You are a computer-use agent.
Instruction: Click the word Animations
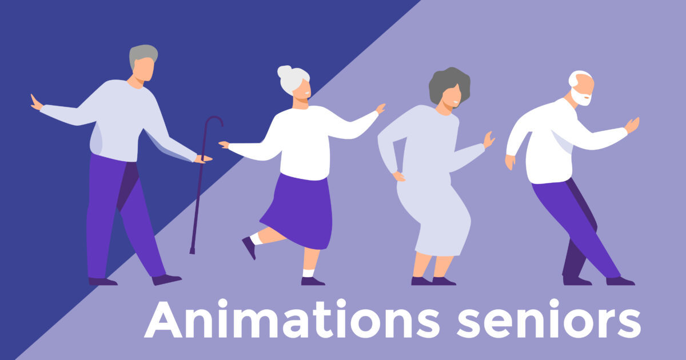click(292, 318)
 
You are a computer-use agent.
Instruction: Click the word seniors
click(549, 318)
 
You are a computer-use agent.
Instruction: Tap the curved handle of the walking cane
click(214, 119)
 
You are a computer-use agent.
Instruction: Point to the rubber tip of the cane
click(192, 251)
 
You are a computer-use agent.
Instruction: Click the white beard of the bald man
click(580, 98)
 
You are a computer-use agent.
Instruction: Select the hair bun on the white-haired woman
click(284, 71)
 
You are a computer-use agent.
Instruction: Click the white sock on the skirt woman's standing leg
click(308, 273)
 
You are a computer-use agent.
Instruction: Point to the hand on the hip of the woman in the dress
click(399, 177)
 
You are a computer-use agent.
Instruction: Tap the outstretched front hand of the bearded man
click(632, 125)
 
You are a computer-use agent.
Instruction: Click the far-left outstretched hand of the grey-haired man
click(36, 102)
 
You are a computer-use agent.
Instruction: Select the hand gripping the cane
click(203, 159)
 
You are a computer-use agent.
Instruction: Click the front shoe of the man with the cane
click(166, 279)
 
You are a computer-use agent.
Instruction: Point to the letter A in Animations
click(163, 319)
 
